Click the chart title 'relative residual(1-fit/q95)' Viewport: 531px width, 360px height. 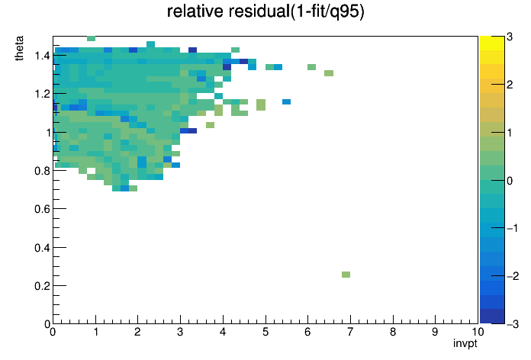(x=265, y=11)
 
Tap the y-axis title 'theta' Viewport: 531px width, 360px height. (x=19, y=48)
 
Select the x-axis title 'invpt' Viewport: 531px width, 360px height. (x=465, y=343)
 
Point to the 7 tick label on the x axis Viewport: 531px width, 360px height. (x=350, y=332)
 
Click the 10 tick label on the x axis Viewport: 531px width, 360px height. (x=478, y=332)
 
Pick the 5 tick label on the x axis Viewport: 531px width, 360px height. (x=265, y=332)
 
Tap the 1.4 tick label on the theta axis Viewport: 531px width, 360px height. (x=42, y=55)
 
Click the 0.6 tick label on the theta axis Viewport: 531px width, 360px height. (x=42, y=209)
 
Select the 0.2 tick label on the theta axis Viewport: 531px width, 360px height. (x=42, y=286)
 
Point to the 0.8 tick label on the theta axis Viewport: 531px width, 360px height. (x=42, y=171)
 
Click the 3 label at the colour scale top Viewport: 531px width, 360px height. (x=510, y=37)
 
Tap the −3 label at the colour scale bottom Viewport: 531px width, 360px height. (x=512, y=324)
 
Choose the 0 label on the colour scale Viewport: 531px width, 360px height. (x=510, y=181)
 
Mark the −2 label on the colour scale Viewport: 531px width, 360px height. (x=512, y=276)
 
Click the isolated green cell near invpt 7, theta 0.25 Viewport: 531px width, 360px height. (x=346, y=275)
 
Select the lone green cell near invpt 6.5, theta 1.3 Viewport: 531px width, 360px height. (x=329, y=73)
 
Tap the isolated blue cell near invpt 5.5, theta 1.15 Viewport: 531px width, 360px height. (x=287, y=101)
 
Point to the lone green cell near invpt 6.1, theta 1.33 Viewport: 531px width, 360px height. (x=312, y=67)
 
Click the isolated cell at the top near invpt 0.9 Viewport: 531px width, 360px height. (x=91, y=38)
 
